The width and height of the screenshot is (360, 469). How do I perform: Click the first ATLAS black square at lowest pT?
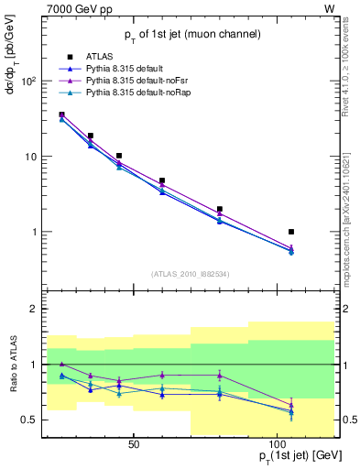click(x=61, y=115)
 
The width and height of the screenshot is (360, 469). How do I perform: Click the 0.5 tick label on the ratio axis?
click(x=29, y=420)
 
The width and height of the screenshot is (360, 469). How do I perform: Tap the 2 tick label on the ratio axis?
click(x=34, y=310)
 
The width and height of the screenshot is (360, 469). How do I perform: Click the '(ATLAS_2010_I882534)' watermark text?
click(x=190, y=274)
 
